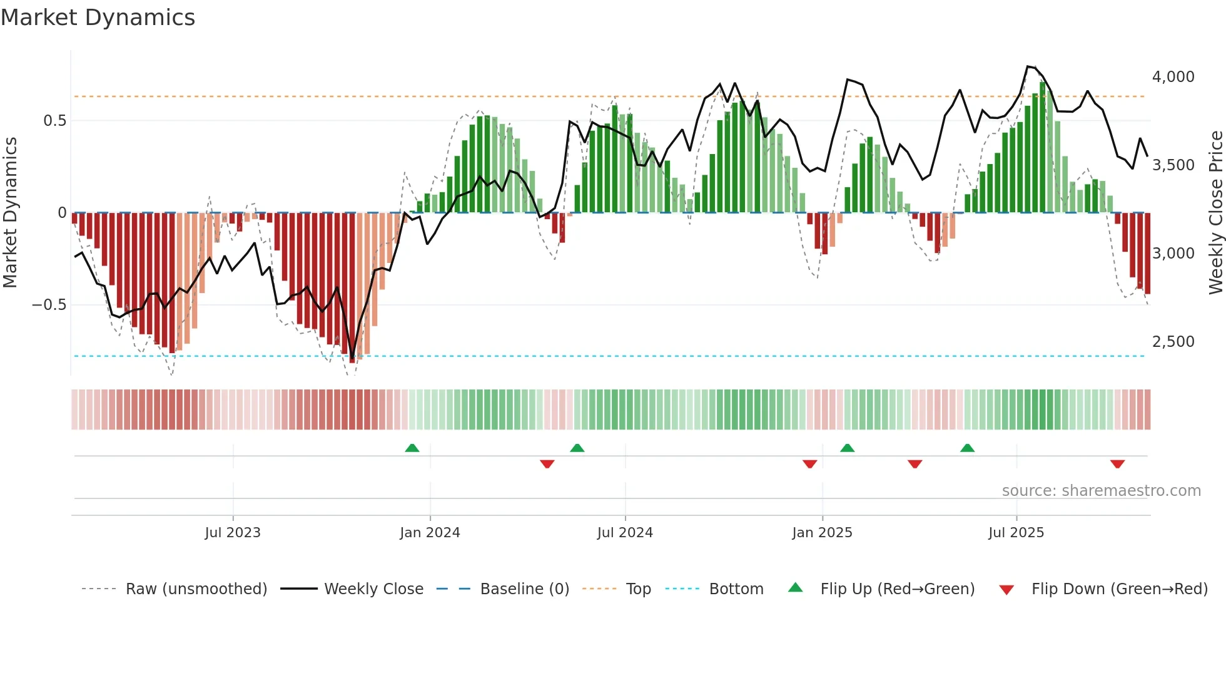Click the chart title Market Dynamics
[98, 18]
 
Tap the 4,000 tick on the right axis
[1173, 77]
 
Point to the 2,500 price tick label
[1173, 342]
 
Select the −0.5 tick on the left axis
[49, 305]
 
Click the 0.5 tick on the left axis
[54, 121]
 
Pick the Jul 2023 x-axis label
[232, 533]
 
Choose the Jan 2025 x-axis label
[821, 533]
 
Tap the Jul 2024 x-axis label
[624, 533]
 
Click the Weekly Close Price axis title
[1215, 213]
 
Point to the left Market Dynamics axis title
[10, 213]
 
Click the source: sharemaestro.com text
[1101, 491]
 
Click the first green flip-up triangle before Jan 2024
[412, 448]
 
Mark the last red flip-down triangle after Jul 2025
[1117, 464]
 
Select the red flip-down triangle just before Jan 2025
[809, 464]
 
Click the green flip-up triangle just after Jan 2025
[847, 448]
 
